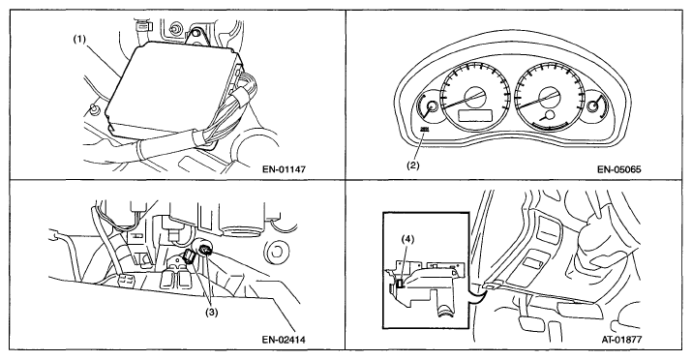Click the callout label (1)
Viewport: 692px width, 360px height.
[80, 40]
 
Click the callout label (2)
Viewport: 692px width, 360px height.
[412, 165]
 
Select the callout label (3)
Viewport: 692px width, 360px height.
[211, 313]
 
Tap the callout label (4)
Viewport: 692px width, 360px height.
[407, 239]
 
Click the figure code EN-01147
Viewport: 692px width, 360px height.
[284, 169]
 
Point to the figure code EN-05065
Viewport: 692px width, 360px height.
[619, 169]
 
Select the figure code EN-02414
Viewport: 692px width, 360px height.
[284, 340]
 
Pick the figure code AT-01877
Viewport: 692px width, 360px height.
[621, 340]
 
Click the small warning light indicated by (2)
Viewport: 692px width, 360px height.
[425, 129]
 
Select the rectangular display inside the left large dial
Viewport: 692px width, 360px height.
[475, 115]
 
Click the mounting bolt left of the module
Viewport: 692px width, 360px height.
[93, 108]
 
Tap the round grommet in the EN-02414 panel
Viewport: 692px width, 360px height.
[276, 252]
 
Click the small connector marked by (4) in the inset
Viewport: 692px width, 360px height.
[400, 285]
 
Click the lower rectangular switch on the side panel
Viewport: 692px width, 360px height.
[534, 263]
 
